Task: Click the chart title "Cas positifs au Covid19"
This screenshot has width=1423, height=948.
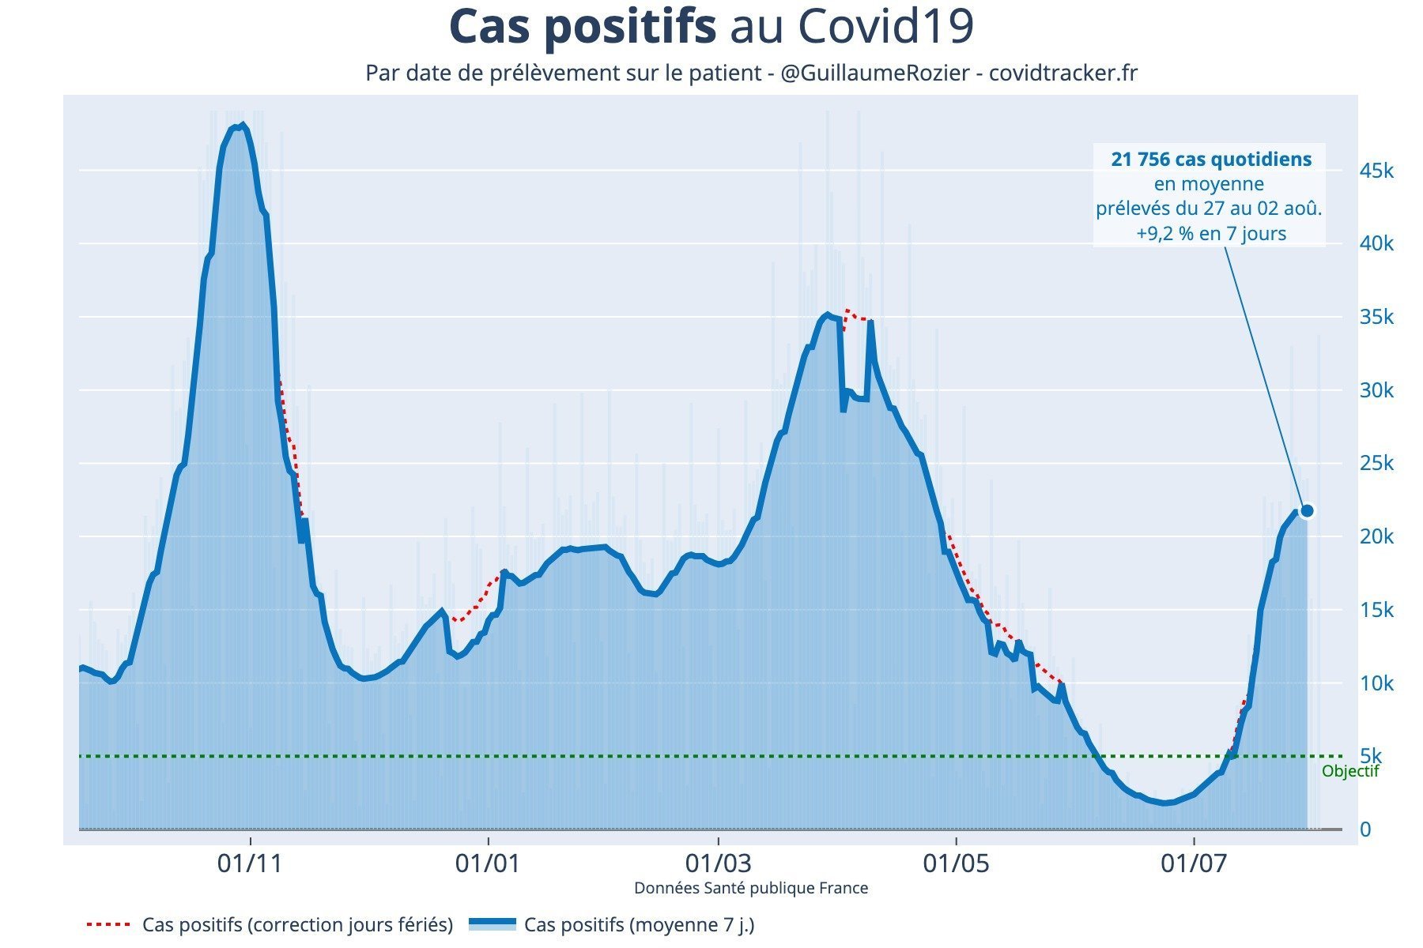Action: (711, 27)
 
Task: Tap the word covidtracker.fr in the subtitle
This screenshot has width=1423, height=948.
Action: (1063, 73)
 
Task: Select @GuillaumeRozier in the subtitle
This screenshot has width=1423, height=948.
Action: (874, 73)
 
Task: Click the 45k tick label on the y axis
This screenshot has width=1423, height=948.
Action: (1376, 171)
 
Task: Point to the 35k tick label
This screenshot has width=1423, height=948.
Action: (1376, 318)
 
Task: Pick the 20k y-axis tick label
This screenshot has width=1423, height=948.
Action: (1376, 537)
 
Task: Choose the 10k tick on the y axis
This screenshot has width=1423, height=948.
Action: (1376, 683)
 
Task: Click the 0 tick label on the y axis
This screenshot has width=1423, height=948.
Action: (1365, 829)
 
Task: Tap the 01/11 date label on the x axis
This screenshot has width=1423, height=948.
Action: (250, 863)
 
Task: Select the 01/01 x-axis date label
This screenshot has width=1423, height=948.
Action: (488, 863)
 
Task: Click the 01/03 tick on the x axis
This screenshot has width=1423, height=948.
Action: (719, 863)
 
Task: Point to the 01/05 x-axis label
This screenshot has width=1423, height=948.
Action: (957, 863)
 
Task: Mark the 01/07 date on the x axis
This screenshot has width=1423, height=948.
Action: (1194, 863)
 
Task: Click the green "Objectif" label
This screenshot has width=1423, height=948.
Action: (1349, 772)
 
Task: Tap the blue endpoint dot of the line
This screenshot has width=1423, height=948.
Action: (1307, 511)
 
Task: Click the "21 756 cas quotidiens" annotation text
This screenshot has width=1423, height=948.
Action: (1210, 160)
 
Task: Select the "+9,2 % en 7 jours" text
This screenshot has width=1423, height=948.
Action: (1210, 234)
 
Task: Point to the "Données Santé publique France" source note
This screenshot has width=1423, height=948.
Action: (750, 888)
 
